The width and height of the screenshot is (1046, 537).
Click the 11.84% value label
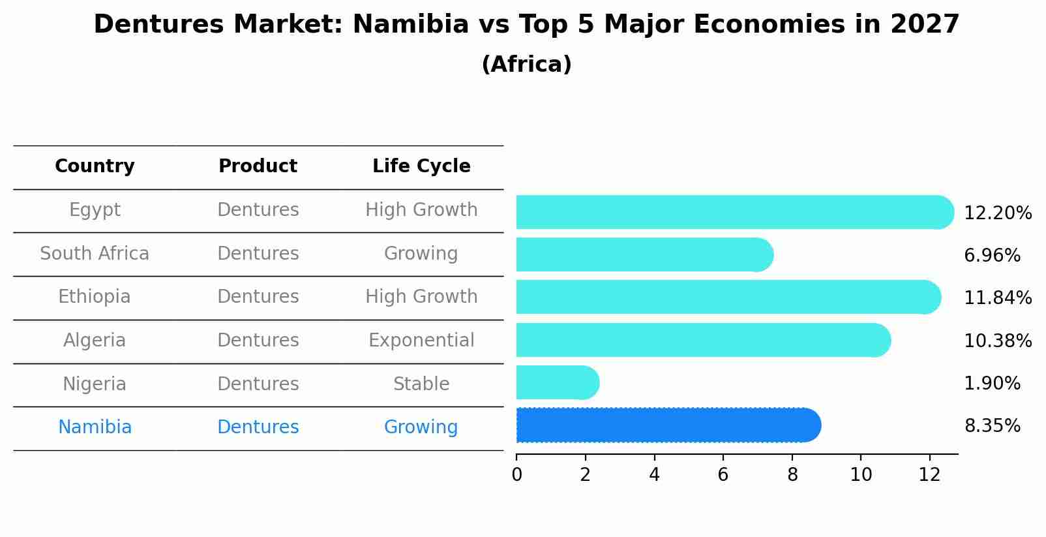click(997, 298)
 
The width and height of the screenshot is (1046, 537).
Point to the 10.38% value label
click(997, 341)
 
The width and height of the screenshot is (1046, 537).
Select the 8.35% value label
click(992, 426)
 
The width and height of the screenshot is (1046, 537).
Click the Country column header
click(95, 166)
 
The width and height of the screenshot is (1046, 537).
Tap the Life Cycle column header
click(421, 166)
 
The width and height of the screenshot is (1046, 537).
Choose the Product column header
click(258, 166)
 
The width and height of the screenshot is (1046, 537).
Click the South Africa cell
click(95, 254)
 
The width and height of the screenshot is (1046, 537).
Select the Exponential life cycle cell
click(421, 341)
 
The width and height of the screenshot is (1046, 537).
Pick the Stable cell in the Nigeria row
click(421, 384)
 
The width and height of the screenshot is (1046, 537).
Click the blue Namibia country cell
click(95, 427)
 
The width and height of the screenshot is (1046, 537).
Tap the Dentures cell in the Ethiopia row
click(258, 297)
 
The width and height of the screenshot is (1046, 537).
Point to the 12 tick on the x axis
click(929, 475)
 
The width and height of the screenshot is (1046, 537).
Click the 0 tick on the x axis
click(516, 475)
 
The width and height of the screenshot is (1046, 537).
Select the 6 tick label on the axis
click(723, 475)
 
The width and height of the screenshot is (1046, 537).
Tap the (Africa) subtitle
click(526, 65)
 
